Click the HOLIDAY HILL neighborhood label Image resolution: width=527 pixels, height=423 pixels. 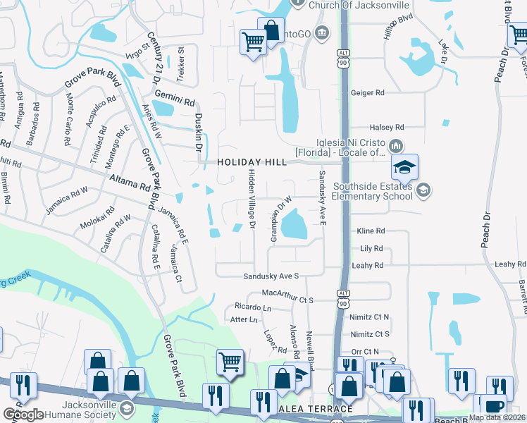[252, 162]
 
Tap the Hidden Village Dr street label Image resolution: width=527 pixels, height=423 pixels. [251, 200]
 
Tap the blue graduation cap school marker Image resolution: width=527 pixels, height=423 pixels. [405, 168]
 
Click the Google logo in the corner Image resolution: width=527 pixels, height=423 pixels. [23, 415]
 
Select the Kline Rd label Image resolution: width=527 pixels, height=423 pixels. [371, 231]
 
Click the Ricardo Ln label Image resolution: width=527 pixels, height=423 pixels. [253, 308]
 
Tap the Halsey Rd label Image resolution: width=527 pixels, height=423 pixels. [390, 127]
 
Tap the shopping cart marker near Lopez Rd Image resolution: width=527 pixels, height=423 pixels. [230, 362]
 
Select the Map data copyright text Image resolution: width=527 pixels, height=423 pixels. [497, 417]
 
